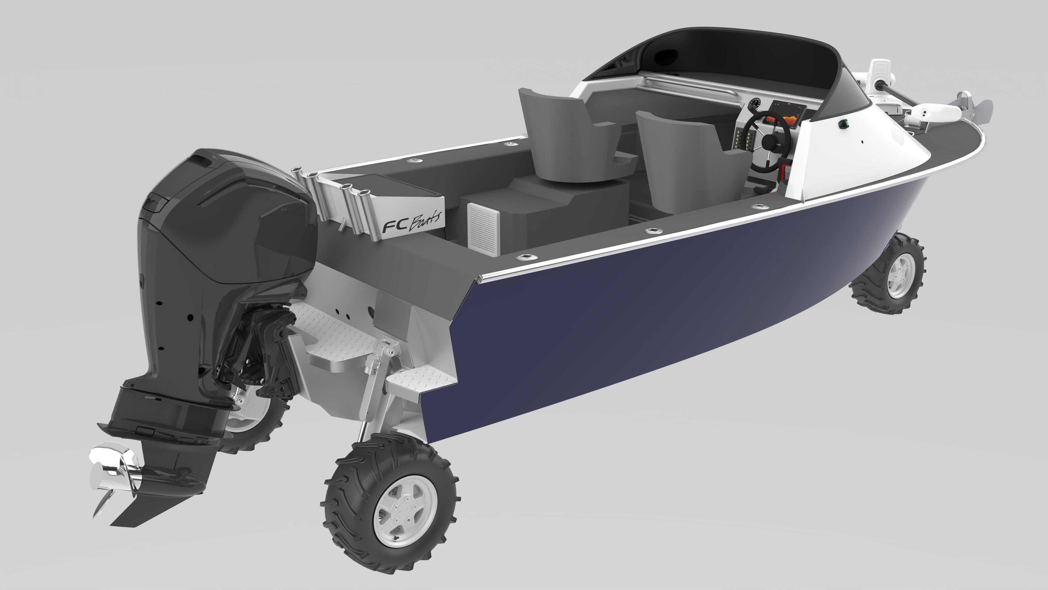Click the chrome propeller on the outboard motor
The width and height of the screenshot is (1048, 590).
(x=116, y=476)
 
